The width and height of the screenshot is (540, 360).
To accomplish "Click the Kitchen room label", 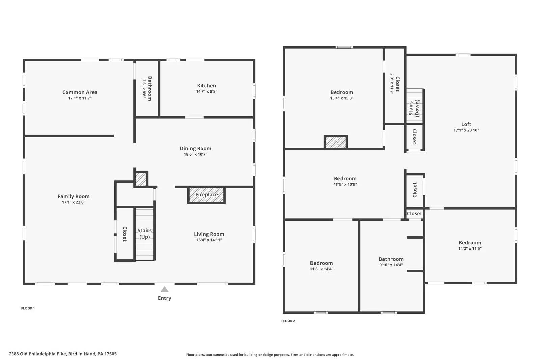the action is (x=207, y=86).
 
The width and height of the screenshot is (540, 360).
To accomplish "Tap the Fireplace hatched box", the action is (x=207, y=195).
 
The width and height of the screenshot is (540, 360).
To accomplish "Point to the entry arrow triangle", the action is (x=164, y=289).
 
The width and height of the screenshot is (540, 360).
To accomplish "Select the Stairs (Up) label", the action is (x=145, y=233).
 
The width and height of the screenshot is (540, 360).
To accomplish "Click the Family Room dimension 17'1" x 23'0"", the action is (x=74, y=202).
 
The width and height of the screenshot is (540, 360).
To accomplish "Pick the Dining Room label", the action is (x=195, y=149).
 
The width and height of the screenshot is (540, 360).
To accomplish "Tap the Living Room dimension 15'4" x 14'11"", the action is (x=209, y=240).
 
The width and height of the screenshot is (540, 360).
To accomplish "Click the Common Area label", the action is (x=80, y=92).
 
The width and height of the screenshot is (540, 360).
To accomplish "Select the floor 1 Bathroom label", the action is (x=150, y=88).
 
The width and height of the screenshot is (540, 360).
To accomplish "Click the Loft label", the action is (x=466, y=124).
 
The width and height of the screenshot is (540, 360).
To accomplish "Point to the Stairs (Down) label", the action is (x=414, y=108).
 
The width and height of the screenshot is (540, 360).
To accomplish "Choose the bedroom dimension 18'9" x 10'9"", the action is (x=345, y=184).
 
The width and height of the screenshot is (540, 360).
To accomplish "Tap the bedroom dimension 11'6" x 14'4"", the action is (x=321, y=269).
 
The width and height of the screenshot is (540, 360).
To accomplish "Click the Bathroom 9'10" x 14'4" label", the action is (x=391, y=259).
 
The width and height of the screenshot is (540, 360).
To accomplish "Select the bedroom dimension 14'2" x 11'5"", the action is (x=469, y=248).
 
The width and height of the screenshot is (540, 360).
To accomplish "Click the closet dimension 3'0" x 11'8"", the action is (x=392, y=84).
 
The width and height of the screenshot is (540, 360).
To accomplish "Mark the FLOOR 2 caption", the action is (x=288, y=321).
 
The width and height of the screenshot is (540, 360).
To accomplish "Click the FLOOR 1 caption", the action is (x=28, y=308).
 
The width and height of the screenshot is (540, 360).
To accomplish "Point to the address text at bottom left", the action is (x=63, y=354).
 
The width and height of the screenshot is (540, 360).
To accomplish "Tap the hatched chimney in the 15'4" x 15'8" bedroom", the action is (x=335, y=142).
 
